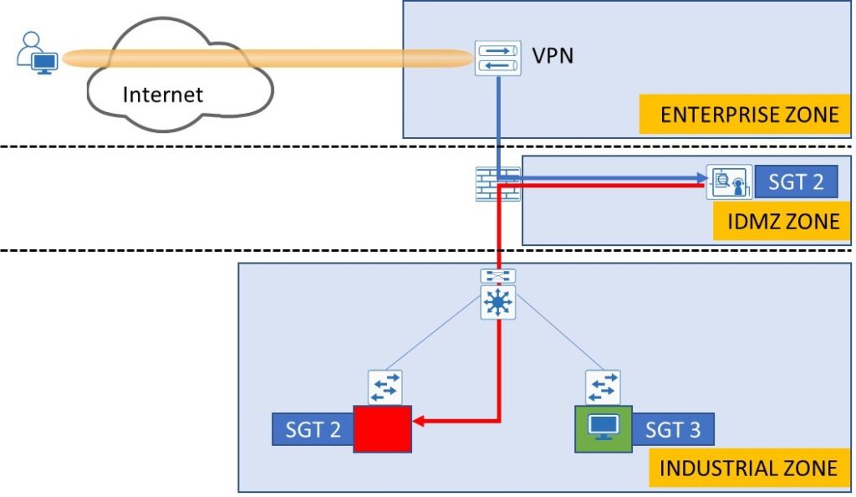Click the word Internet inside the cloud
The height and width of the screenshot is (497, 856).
click(162, 94)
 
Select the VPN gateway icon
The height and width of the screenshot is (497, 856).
click(497, 59)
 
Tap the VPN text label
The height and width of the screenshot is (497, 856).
click(553, 57)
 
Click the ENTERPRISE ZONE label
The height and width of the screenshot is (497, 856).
click(748, 115)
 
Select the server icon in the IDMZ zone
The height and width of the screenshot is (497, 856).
click(724, 182)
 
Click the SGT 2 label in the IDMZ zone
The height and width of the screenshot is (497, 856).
click(796, 182)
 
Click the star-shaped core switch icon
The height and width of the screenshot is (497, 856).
click(498, 303)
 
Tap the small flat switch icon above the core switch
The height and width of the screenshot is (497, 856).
click(498, 276)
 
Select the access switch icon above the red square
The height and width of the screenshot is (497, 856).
click(385, 387)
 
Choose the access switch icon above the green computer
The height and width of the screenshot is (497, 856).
click(603, 387)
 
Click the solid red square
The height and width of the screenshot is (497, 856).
click(382, 429)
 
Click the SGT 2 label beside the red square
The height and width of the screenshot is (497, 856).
click(313, 431)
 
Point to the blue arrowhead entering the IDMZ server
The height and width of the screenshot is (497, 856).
click(700, 178)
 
